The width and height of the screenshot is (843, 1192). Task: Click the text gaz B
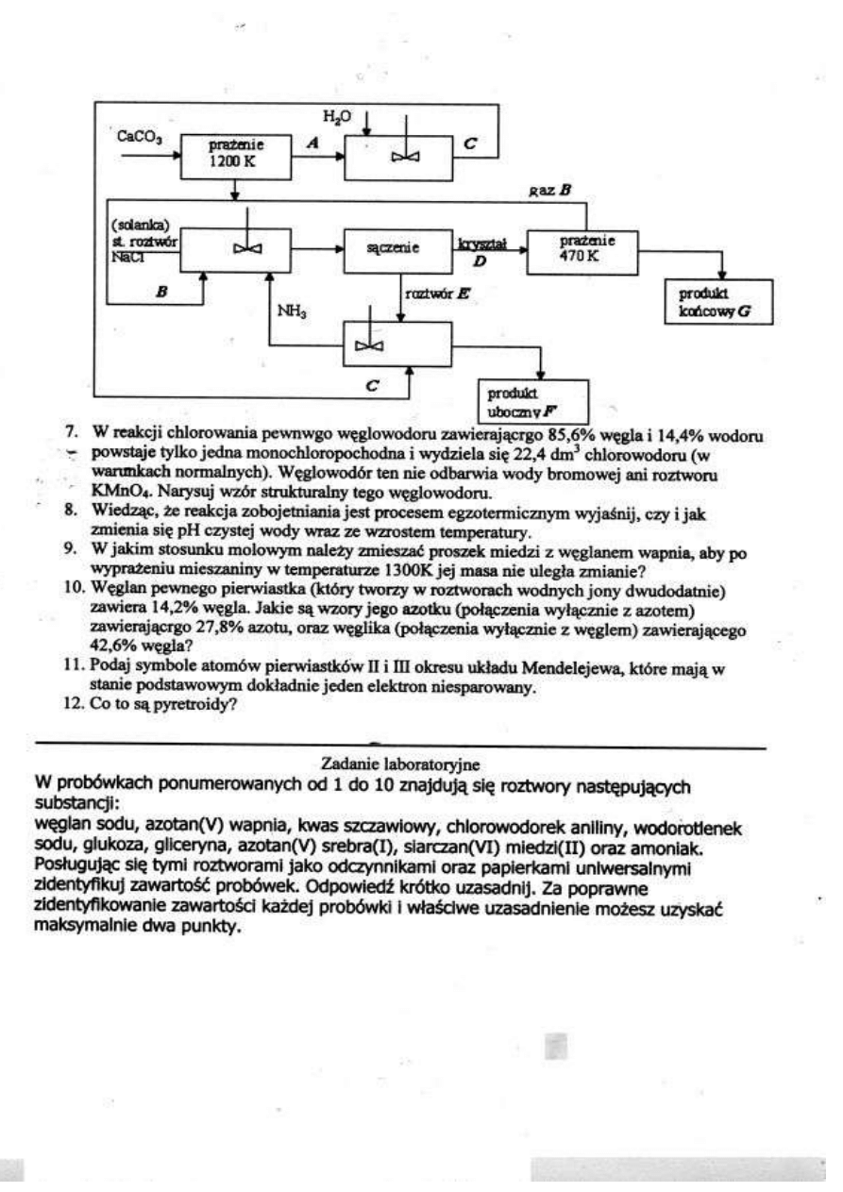pyautogui.click(x=552, y=191)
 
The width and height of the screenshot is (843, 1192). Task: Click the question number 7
pyautogui.click(x=70, y=431)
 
